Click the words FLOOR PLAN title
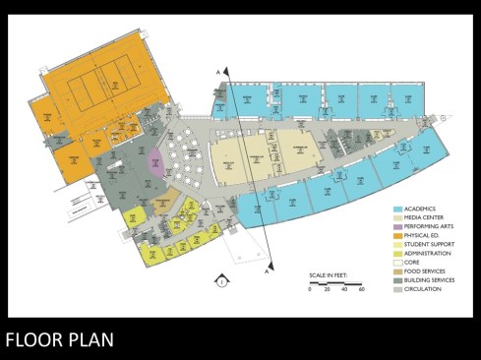pyautogui.click(x=59, y=340)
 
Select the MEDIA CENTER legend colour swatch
pyautogui.click(x=397, y=220)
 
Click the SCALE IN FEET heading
pyautogui.click(x=330, y=274)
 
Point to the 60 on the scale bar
pyautogui.click(x=362, y=289)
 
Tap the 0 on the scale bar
pyautogui.click(x=310, y=289)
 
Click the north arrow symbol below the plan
pyautogui.click(x=223, y=281)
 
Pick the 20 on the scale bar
pyautogui.click(x=327, y=289)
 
